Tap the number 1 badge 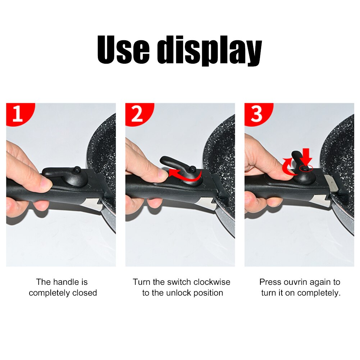[x=18, y=114]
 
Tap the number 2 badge [x=137, y=114]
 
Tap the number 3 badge [x=256, y=114]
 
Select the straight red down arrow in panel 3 [x=306, y=158]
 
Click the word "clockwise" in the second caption [x=212, y=282]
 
